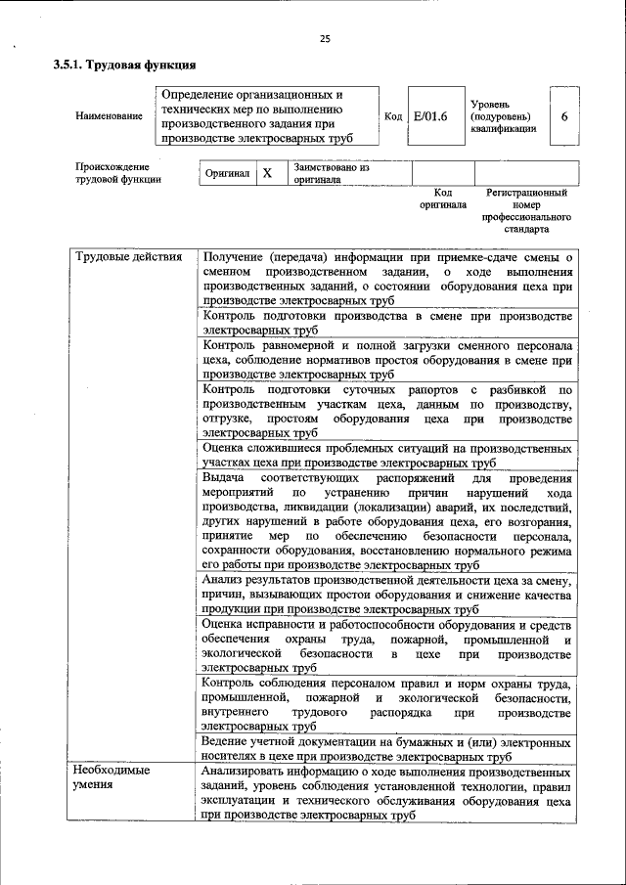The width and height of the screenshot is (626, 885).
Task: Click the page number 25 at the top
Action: click(x=325, y=39)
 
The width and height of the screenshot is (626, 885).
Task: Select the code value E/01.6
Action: click(x=430, y=116)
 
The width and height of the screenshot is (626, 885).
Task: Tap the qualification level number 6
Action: click(x=564, y=116)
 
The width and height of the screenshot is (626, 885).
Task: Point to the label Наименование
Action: click(x=109, y=116)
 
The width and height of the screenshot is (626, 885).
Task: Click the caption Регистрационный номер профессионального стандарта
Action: click(x=526, y=212)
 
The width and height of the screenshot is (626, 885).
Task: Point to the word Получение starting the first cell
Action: click(x=232, y=257)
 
